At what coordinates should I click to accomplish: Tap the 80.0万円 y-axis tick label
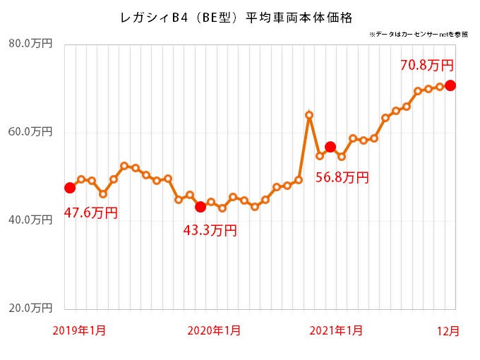pyautogui.click(x=30, y=44)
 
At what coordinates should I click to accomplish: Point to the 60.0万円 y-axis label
pyautogui.click(x=30, y=132)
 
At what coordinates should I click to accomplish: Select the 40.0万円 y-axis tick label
pyautogui.click(x=30, y=220)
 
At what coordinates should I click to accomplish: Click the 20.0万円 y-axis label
pyautogui.click(x=30, y=308)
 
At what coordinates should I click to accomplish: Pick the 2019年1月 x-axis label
pyautogui.click(x=80, y=330)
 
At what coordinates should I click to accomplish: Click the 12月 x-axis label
pyautogui.click(x=446, y=330)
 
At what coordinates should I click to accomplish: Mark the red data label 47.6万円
pyautogui.click(x=91, y=212)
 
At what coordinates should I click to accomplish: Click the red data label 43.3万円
pyautogui.click(x=210, y=230)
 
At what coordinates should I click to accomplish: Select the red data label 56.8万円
pyautogui.click(x=342, y=178)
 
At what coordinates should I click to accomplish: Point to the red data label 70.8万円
pyautogui.click(x=426, y=66)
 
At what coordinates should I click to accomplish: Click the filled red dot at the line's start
pyautogui.click(x=70, y=188)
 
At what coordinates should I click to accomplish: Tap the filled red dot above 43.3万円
pyautogui.click(x=200, y=207)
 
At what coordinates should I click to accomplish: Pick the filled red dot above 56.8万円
pyautogui.click(x=330, y=147)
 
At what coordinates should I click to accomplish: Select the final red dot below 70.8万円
pyautogui.click(x=450, y=85)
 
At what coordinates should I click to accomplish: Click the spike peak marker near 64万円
pyautogui.click(x=309, y=115)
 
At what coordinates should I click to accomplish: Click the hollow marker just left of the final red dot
pyautogui.click(x=439, y=87)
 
